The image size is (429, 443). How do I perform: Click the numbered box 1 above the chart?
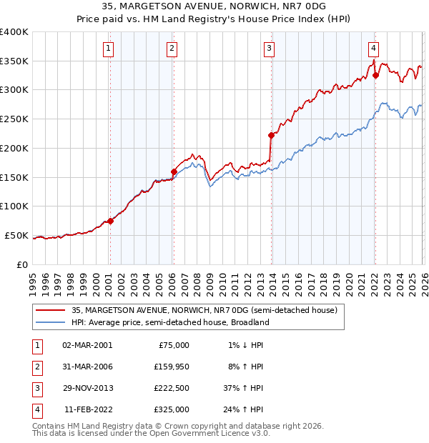point(108,49)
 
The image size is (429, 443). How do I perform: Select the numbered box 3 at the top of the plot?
point(269,49)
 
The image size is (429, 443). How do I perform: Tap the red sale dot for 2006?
point(174,171)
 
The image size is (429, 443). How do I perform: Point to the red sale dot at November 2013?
point(271,135)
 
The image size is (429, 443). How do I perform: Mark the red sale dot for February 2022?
point(375,75)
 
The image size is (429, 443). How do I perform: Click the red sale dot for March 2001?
point(110,221)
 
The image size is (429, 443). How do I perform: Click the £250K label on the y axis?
point(14,119)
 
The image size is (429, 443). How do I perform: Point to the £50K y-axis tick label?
point(16,235)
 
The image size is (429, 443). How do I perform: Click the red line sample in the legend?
point(50,310)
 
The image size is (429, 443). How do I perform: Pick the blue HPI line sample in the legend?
point(50,322)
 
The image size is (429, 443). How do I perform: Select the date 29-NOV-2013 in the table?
point(87,389)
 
